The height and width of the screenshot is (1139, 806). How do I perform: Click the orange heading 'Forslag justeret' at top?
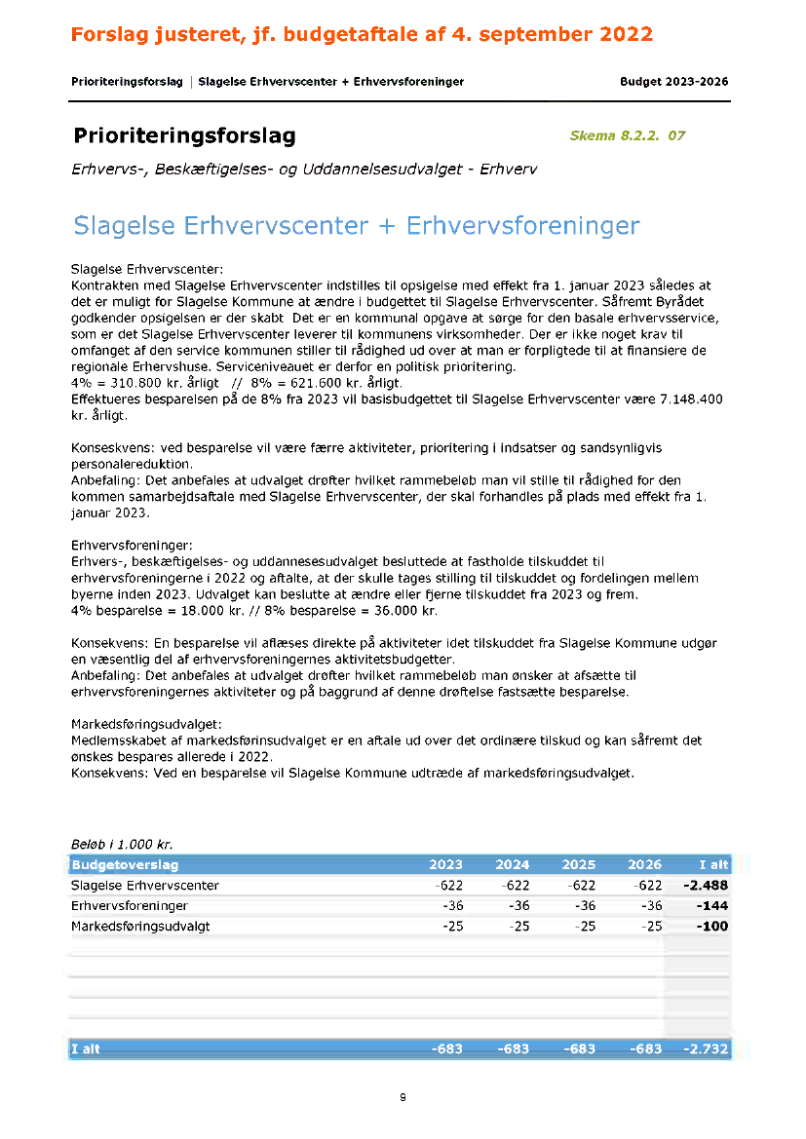361,35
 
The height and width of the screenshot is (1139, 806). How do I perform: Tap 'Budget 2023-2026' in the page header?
673,82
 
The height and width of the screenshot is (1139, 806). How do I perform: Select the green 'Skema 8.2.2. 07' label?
627,135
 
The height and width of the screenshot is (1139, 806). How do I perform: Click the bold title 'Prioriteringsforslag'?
184,135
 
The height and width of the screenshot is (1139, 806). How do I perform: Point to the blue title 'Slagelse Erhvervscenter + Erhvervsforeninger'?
356,226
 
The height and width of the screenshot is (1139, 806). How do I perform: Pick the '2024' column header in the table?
513,864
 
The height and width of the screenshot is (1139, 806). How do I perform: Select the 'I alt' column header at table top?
713,864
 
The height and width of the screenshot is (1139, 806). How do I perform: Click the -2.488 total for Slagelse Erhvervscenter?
707,886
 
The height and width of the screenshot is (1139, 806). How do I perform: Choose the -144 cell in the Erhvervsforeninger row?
712,906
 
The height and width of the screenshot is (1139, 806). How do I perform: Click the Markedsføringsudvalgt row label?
140,926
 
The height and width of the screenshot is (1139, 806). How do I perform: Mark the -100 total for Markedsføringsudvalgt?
712,926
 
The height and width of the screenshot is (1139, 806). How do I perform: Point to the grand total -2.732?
704,1049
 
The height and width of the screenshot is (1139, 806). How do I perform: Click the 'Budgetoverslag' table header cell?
125,864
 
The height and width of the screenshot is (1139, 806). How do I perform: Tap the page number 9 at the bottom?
403,1097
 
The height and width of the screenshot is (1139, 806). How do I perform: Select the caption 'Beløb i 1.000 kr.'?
122,845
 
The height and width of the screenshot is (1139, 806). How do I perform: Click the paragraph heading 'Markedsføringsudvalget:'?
146,725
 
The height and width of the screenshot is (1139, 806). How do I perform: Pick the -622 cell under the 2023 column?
448,886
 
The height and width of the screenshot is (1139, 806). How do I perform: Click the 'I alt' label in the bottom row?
86,1049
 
